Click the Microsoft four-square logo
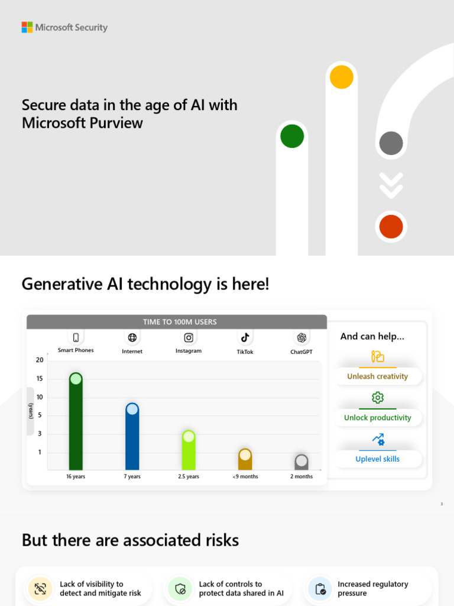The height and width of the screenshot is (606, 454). coord(27,27)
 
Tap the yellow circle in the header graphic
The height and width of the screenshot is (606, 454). coord(341,77)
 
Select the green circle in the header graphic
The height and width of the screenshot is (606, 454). coord(292,136)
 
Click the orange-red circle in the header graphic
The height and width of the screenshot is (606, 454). coord(391,227)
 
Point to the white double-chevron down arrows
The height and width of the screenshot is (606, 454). coord(391,185)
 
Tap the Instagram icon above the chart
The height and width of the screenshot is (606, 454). coord(189,337)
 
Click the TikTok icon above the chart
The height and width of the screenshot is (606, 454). coord(245,337)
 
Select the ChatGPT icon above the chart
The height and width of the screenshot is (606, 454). coord(301,337)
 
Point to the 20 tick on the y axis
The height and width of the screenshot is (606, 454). coord(40,360)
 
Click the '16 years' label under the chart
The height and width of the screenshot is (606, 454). coord(76,476)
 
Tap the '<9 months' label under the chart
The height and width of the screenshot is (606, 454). coord(245,476)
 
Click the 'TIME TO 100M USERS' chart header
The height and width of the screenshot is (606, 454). coord(180,322)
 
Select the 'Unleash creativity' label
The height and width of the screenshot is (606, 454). coord(377,376)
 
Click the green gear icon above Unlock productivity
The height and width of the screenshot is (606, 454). coord(378,397)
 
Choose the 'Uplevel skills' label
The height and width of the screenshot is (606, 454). coord(377,459)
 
